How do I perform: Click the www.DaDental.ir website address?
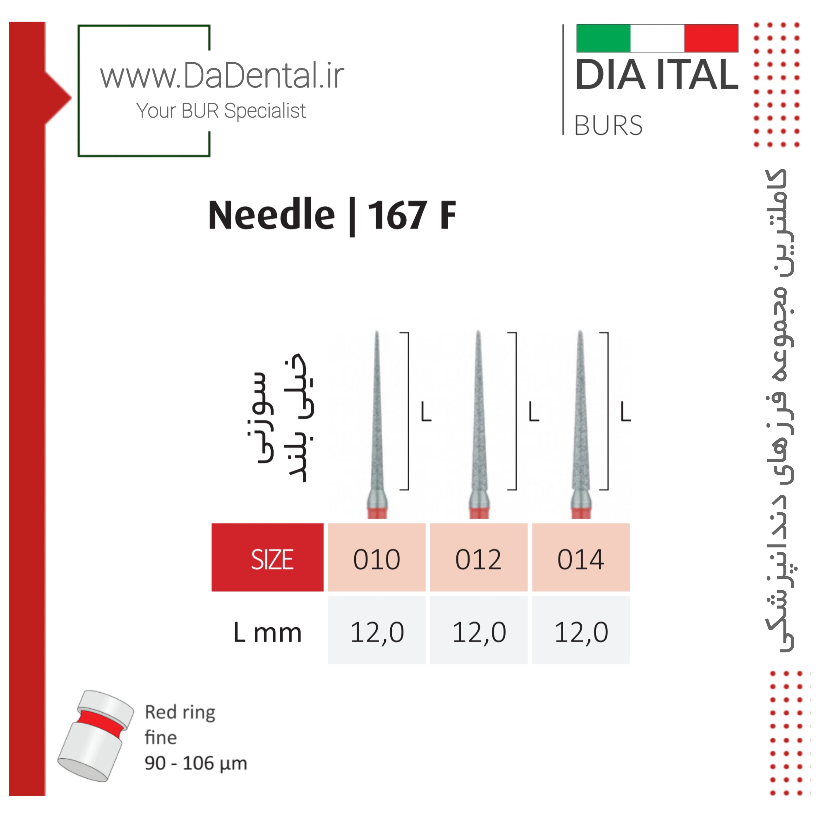click(222, 75)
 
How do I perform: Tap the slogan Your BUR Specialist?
click(221, 111)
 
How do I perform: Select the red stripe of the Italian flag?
click(711, 38)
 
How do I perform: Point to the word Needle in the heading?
click(272, 215)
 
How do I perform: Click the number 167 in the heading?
click(397, 215)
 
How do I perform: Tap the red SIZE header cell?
click(267, 557)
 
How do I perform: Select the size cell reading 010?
click(377, 557)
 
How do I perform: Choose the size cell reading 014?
click(581, 557)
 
